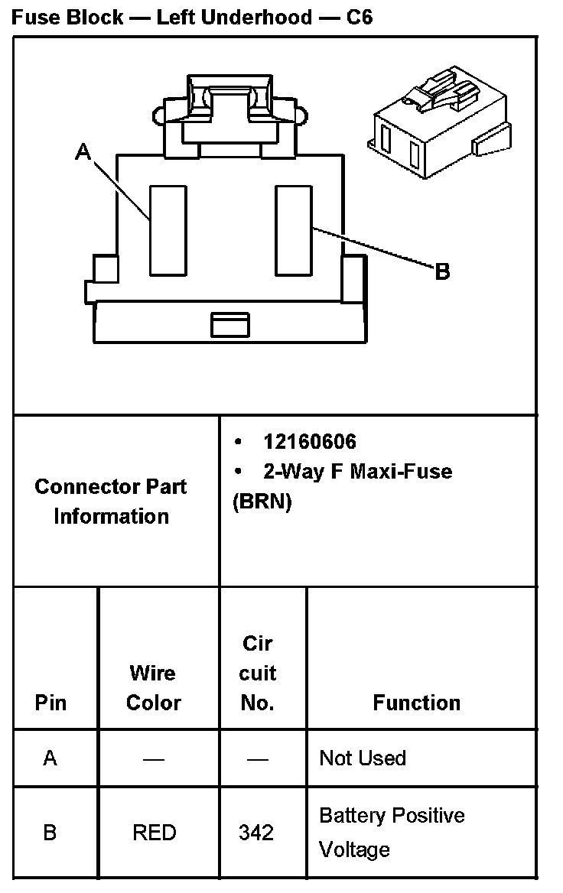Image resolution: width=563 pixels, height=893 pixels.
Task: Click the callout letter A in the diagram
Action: [x=83, y=153]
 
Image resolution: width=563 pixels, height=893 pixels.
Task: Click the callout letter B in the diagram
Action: [x=442, y=271]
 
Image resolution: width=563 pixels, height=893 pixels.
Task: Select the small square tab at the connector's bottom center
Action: [x=230, y=324]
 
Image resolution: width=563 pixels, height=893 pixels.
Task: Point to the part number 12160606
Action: [x=310, y=442]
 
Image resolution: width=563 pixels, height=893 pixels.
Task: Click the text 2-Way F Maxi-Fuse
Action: [x=357, y=471]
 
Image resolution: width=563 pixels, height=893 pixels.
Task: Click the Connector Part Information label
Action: [x=111, y=502]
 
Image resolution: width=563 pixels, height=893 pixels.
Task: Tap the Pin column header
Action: [x=50, y=703]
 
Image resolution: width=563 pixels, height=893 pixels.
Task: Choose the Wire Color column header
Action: [x=153, y=688]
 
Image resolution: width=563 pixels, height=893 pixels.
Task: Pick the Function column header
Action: [x=417, y=703]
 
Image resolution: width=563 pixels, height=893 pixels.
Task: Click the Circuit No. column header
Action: [x=258, y=674]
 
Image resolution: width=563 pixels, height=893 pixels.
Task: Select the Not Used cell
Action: [x=363, y=758]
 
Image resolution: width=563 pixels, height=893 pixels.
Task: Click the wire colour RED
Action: [x=155, y=832]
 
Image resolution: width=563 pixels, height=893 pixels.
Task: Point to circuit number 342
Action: [x=256, y=832]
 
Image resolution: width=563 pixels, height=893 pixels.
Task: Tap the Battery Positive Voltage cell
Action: [x=392, y=832]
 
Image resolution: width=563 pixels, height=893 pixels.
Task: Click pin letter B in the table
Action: [x=50, y=832]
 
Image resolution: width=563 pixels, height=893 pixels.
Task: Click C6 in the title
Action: [x=360, y=17]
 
